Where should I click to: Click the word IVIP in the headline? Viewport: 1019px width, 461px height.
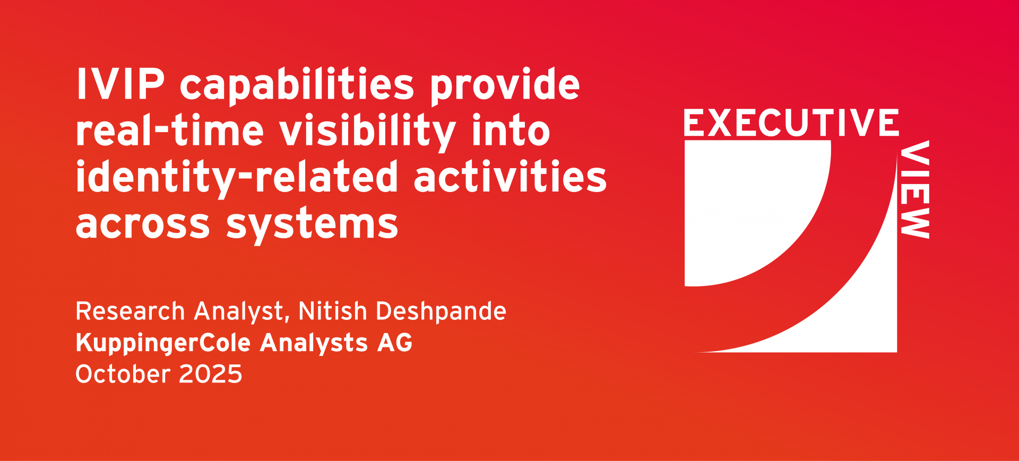tap(120, 84)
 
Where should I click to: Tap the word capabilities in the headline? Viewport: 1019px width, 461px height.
tap(297, 85)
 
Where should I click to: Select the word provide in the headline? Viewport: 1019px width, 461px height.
tap(505, 85)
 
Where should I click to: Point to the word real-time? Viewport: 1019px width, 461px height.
tap(170, 130)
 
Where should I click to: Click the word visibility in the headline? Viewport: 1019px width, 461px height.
tap(368, 132)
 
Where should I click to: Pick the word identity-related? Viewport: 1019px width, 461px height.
tap(237, 178)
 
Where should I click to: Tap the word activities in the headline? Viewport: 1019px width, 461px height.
tap(510, 176)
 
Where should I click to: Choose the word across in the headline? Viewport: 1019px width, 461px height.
tap(143, 224)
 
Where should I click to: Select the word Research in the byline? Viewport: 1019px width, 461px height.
tap(130, 311)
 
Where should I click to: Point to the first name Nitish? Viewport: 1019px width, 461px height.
tap(333, 311)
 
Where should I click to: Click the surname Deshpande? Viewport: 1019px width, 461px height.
tap(441, 312)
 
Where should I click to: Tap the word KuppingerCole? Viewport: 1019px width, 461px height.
tap(163, 343)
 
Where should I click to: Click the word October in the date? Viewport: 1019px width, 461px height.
tap(123, 374)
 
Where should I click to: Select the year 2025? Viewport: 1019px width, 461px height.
tap(211, 374)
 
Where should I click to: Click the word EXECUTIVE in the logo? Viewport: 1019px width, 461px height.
tap(791, 123)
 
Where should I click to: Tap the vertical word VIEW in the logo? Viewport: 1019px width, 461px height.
tap(914, 189)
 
